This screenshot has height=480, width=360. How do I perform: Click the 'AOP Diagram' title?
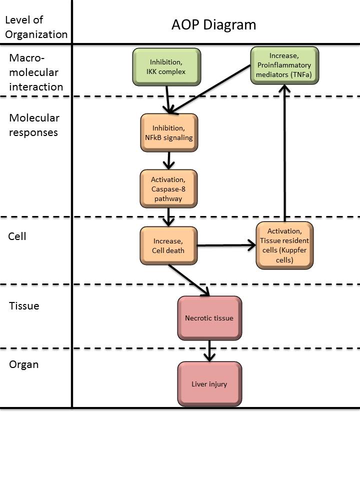coord(213,25)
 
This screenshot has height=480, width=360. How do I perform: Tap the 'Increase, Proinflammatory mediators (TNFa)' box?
coord(284,65)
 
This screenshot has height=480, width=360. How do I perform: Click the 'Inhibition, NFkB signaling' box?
coord(168,132)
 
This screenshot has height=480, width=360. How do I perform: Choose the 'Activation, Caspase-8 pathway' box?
coord(168,188)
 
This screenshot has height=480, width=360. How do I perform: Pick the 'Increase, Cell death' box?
coord(168,245)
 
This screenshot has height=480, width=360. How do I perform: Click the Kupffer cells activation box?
coord(284,245)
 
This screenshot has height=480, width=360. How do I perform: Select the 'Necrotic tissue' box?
coord(209,317)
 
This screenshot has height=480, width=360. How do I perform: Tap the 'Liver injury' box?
coord(209,384)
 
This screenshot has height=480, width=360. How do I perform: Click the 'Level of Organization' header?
coord(35,27)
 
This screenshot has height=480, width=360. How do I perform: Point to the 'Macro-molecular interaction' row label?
coord(35,72)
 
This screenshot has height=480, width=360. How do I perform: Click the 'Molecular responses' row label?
coord(34,125)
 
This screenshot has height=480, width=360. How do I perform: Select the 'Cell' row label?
coord(17,236)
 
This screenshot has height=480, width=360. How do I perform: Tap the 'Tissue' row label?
coord(24,305)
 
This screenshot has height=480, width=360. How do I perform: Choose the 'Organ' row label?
coord(24,364)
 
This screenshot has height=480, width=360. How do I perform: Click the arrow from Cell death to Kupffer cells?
coord(226,245)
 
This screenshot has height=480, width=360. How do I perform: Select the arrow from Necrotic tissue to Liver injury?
coord(209,350)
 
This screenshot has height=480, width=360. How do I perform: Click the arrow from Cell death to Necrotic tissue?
coord(188,280)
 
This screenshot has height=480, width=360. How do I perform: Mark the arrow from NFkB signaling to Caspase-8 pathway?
coord(168,160)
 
